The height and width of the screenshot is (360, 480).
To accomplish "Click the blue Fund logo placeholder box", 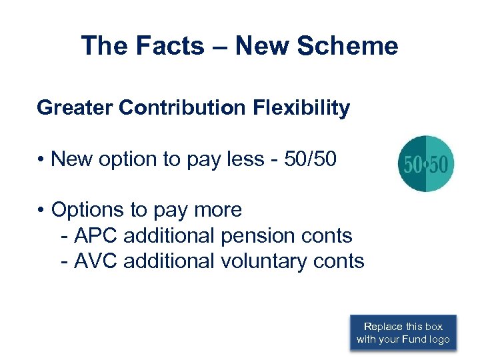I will (403, 333).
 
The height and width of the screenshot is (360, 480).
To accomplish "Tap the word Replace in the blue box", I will (383, 327).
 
